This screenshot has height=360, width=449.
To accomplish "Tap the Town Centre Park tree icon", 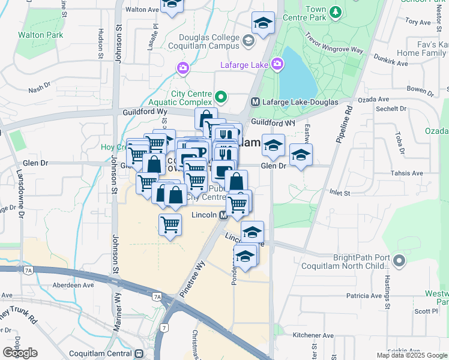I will pos(336,11).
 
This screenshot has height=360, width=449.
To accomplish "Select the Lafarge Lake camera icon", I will pos(277,63).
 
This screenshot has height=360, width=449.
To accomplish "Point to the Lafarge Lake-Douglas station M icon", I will pos(255,103).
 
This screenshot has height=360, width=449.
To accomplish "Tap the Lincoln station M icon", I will pos(223,215).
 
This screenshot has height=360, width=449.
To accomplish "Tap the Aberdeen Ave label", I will pos(73,286).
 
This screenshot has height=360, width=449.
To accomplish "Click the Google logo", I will pos(20,353).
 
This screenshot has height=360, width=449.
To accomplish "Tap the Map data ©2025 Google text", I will pos(412,355).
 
